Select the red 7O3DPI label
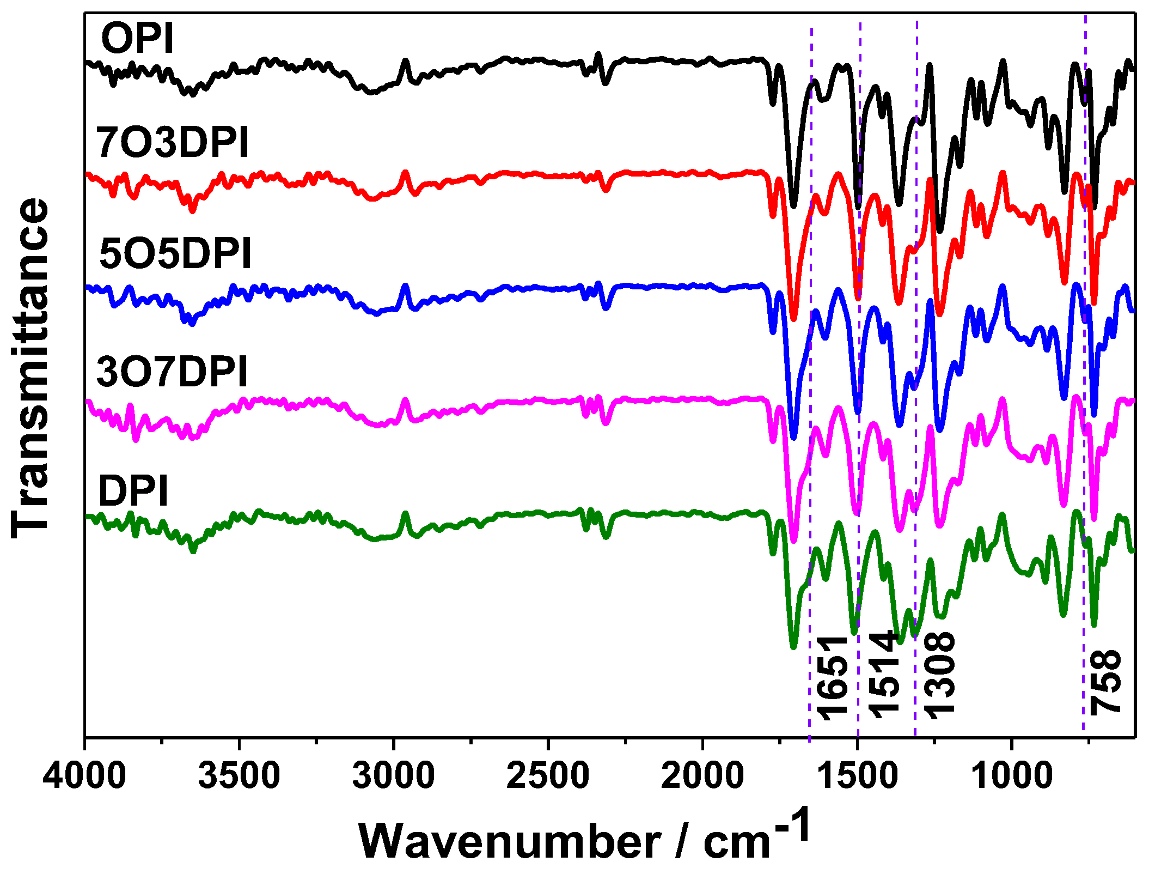(x=172, y=142)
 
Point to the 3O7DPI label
(x=172, y=372)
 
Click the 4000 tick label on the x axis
(x=84, y=775)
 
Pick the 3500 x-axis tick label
(x=239, y=775)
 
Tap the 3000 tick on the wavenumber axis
(x=393, y=775)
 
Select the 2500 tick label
(x=548, y=775)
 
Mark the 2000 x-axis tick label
(x=702, y=775)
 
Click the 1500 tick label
(x=857, y=775)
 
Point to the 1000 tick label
(x=1011, y=775)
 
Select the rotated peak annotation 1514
(x=883, y=675)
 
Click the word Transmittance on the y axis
(x=30, y=368)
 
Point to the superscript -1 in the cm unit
(x=792, y=824)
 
